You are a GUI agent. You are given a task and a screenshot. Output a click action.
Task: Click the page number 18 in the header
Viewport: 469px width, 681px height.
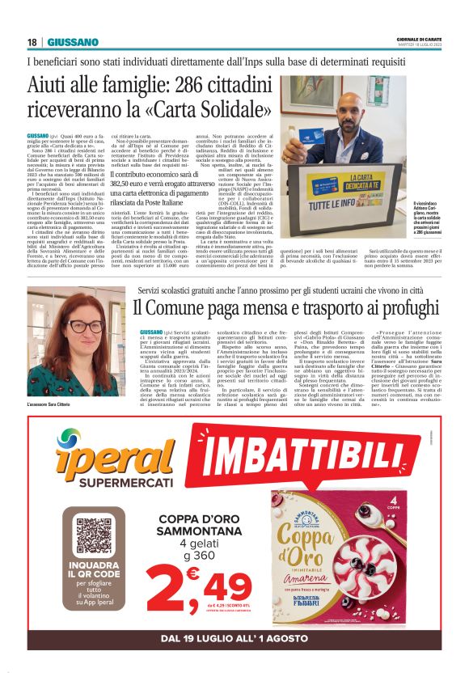[32, 42]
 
